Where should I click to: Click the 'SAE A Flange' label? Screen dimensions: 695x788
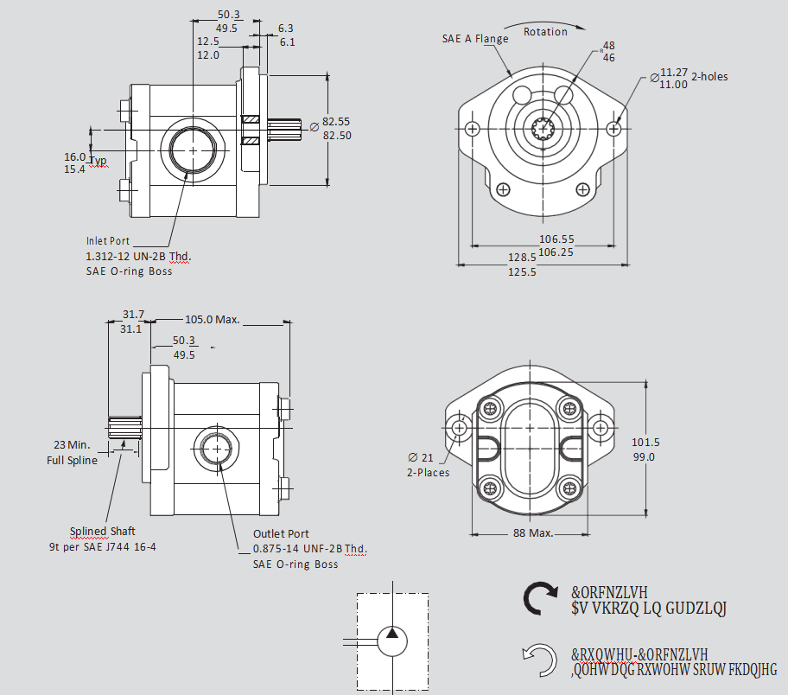[x=475, y=38]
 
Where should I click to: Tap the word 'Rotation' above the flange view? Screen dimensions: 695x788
[x=545, y=32]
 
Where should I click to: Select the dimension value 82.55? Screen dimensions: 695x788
[x=337, y=122]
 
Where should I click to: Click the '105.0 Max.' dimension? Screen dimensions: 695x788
[x=212, y=319]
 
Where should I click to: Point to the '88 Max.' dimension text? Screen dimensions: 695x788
[x=532, y=532]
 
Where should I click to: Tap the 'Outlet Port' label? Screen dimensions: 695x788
[x=281, y=534]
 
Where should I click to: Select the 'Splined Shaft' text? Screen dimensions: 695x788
[x=103, y=531]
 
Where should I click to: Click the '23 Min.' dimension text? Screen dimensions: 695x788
[x=73, y=445]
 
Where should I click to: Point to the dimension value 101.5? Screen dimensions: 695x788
[x=670, y=442]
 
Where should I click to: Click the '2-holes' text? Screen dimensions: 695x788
[x=709, y=77]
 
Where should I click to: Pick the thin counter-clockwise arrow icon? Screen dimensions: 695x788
[x=541, y=661]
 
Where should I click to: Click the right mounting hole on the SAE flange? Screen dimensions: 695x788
[x=613, y=129]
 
